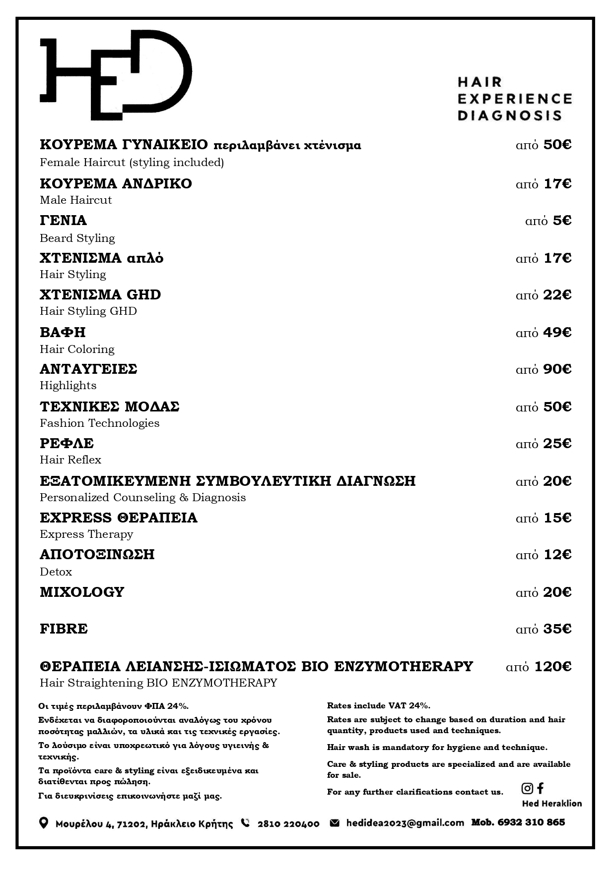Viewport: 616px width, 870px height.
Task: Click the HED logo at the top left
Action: tap(115, 75)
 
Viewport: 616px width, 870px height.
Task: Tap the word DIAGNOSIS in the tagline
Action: tap(509, 116)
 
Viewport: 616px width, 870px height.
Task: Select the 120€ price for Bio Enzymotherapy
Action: tap(552, 667)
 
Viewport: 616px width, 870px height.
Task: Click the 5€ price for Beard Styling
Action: tap(562, 221)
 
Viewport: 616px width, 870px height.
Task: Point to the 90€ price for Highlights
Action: tap(557, 369)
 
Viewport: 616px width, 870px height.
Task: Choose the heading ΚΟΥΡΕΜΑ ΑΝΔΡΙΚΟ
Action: tap(116, 184)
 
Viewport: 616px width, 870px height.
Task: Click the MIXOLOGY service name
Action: tap(82, 592)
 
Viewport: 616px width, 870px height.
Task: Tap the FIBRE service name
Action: tap(64, 629)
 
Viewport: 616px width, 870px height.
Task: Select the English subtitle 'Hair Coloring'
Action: tap(77, 349)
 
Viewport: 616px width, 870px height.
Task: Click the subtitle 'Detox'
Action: tap(56, 572)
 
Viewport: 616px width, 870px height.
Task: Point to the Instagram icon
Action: tap(527, 788)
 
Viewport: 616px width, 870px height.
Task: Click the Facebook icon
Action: tap(541, 788)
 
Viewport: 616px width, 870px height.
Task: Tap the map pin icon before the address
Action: tap(44, 823)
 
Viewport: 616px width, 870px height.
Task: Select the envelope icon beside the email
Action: tap(335, 823)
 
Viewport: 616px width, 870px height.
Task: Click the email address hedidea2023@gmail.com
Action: tap(405, 823)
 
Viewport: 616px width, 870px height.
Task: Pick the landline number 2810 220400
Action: tap(288, 824)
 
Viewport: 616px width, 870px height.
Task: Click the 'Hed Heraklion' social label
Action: tap(551, 804)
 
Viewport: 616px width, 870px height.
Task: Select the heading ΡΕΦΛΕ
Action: tap(67, 444)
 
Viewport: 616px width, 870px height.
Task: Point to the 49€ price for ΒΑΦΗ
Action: tap(557, 333)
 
